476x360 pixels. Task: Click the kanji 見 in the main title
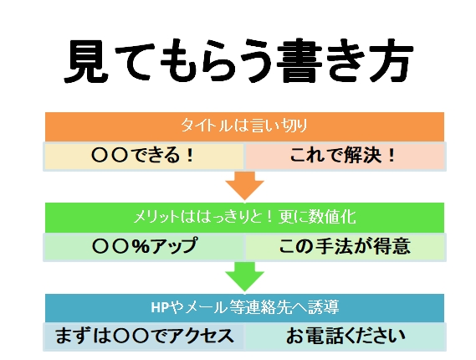pos(87,61)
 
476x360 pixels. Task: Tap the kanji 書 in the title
pos(299,61)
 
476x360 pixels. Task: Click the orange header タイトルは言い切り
pos(244,126)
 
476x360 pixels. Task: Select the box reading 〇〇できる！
pos(144,157)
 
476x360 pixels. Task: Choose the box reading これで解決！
pos(345,157)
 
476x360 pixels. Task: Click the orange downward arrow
pos(244,186)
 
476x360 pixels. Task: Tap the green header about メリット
pos(244,218)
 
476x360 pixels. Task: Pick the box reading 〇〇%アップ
pos(144,247)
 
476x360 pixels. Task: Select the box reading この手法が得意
pos(345,247)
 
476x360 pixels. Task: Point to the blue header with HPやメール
pos(244,308)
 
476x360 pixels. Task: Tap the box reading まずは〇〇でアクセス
pos(144,337)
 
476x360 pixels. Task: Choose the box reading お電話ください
pos(345,337)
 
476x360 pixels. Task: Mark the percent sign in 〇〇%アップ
pos(141,246)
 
